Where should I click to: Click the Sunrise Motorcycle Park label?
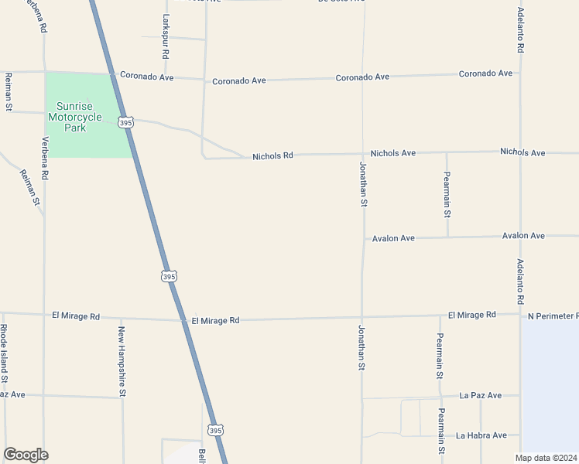pyautogui.click(x=75, y=117)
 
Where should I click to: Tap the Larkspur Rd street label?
pyautogui.click(x=166, y=36)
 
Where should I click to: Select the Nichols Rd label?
pyautogui.click(x=272, y=156)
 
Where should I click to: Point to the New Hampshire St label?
pyautogui.click(x=122, y=361)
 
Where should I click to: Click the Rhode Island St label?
pyautogui.click(x=4, y=354)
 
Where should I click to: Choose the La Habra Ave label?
pyautogui.click(x=481, y=435)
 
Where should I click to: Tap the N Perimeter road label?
pyautogui.click(x=553, y=316)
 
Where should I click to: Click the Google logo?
pyautogui.click(x=26, y=455)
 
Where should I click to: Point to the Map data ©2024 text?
pyautogui.click(x=546, y=458)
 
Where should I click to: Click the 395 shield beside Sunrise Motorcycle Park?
pyautogui.click(x=126, y=122)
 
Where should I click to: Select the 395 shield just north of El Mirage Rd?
pyautogui.click(x=170, y=275)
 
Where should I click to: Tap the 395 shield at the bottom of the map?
pyautogui.click(x=216, y=430)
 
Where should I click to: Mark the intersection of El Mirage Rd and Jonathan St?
pyautogui.click(x=362, y=317)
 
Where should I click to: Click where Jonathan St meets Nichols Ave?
pyautogui.click(x=363, y=154)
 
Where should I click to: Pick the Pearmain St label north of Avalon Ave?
pyautogui.click(x=447, y=194)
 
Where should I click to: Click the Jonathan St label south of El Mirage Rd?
pyautogui.click(x=361, y=347)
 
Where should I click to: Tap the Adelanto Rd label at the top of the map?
pyautogui.click(x=521, y=31)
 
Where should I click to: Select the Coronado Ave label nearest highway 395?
pyautogui.click(x=147, y=77)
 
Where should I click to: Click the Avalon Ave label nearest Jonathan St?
pyautogui.click(x=393, y=238)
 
